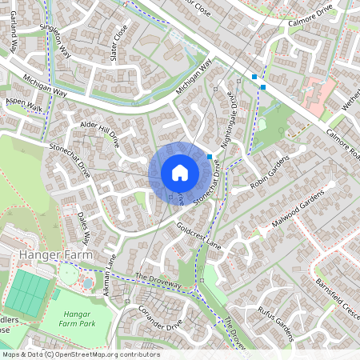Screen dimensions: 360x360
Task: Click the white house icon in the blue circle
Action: [x=179, y=173]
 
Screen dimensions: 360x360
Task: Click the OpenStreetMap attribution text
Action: [x=80, y=354]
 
